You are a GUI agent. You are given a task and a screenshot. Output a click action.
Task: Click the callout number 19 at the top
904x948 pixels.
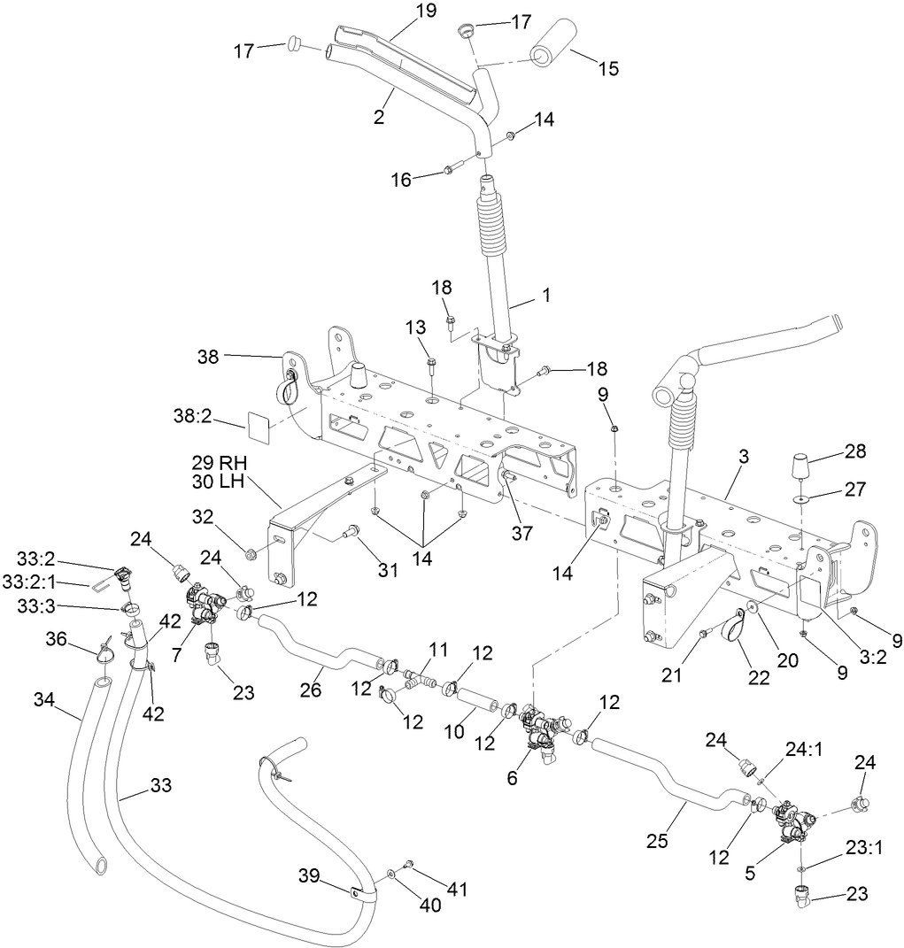pos(426,11)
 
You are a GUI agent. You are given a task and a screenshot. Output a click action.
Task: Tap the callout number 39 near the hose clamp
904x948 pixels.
pos(308,875)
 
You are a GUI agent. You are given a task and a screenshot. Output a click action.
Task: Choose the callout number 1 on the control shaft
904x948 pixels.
pos(546,297)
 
